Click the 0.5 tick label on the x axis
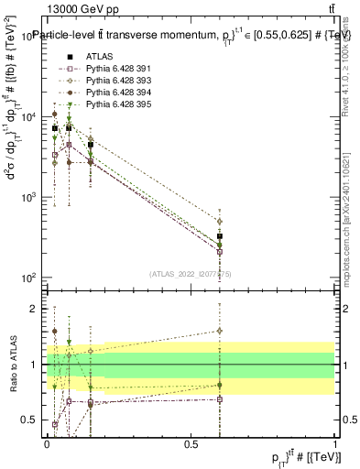191,443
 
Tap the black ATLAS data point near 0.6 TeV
220,236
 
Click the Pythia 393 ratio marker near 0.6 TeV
220,331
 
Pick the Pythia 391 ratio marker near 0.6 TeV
220,399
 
